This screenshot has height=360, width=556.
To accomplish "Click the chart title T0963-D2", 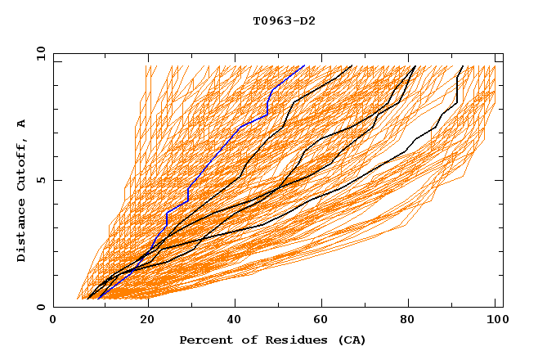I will click(x=284, y=20).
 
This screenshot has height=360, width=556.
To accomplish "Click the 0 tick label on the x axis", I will click(x=53, y=322).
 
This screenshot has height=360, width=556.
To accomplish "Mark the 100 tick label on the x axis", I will click(x=495, y=322).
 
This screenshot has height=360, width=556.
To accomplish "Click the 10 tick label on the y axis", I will click(x=38, y=53).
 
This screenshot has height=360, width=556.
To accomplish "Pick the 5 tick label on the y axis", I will click(x=42, y=180).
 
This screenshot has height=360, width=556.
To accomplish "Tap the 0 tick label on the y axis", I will click(x=42, y=307).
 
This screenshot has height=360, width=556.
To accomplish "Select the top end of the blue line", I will click(x=304, y=66).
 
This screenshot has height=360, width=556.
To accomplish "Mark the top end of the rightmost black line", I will click(x=463, y=66).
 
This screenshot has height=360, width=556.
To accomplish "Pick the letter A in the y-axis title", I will click(x=22, y=124).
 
